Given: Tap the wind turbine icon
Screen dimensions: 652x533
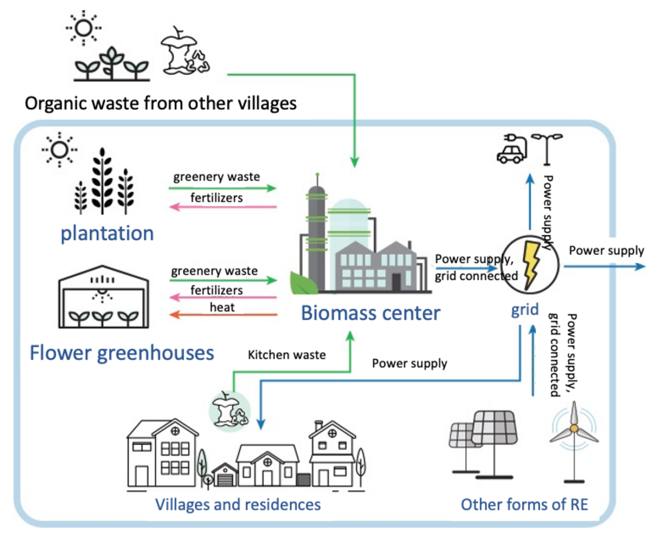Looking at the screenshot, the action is tap(574, 441).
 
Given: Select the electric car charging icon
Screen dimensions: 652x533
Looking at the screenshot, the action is tap(512, 148).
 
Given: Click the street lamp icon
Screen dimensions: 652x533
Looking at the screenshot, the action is tap(547, 149).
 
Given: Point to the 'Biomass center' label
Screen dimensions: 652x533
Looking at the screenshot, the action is tap(371, 313).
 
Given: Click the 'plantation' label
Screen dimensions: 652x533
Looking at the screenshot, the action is tap(107, 234).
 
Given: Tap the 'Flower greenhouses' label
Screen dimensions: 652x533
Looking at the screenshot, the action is tap(122, 353).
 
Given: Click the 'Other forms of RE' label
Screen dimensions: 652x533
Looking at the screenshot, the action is tap(524, 504).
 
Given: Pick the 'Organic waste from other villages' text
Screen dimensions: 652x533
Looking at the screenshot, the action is tap(161, 103).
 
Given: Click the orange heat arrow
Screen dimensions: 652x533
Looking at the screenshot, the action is tap(223, 314).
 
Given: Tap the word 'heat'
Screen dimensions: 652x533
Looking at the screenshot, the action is tap(222, 307).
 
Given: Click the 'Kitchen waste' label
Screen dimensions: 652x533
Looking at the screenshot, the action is tap(287, 355).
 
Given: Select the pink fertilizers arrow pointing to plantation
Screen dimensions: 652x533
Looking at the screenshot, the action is tap(223, 207).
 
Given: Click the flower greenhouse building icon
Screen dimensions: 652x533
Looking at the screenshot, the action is tap(104, 296).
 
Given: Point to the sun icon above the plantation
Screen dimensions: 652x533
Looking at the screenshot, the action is tap(59, 150).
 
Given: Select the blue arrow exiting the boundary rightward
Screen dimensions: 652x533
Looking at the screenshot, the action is tap(605, 266).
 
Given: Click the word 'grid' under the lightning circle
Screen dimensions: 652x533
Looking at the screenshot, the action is tap(524, 310).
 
